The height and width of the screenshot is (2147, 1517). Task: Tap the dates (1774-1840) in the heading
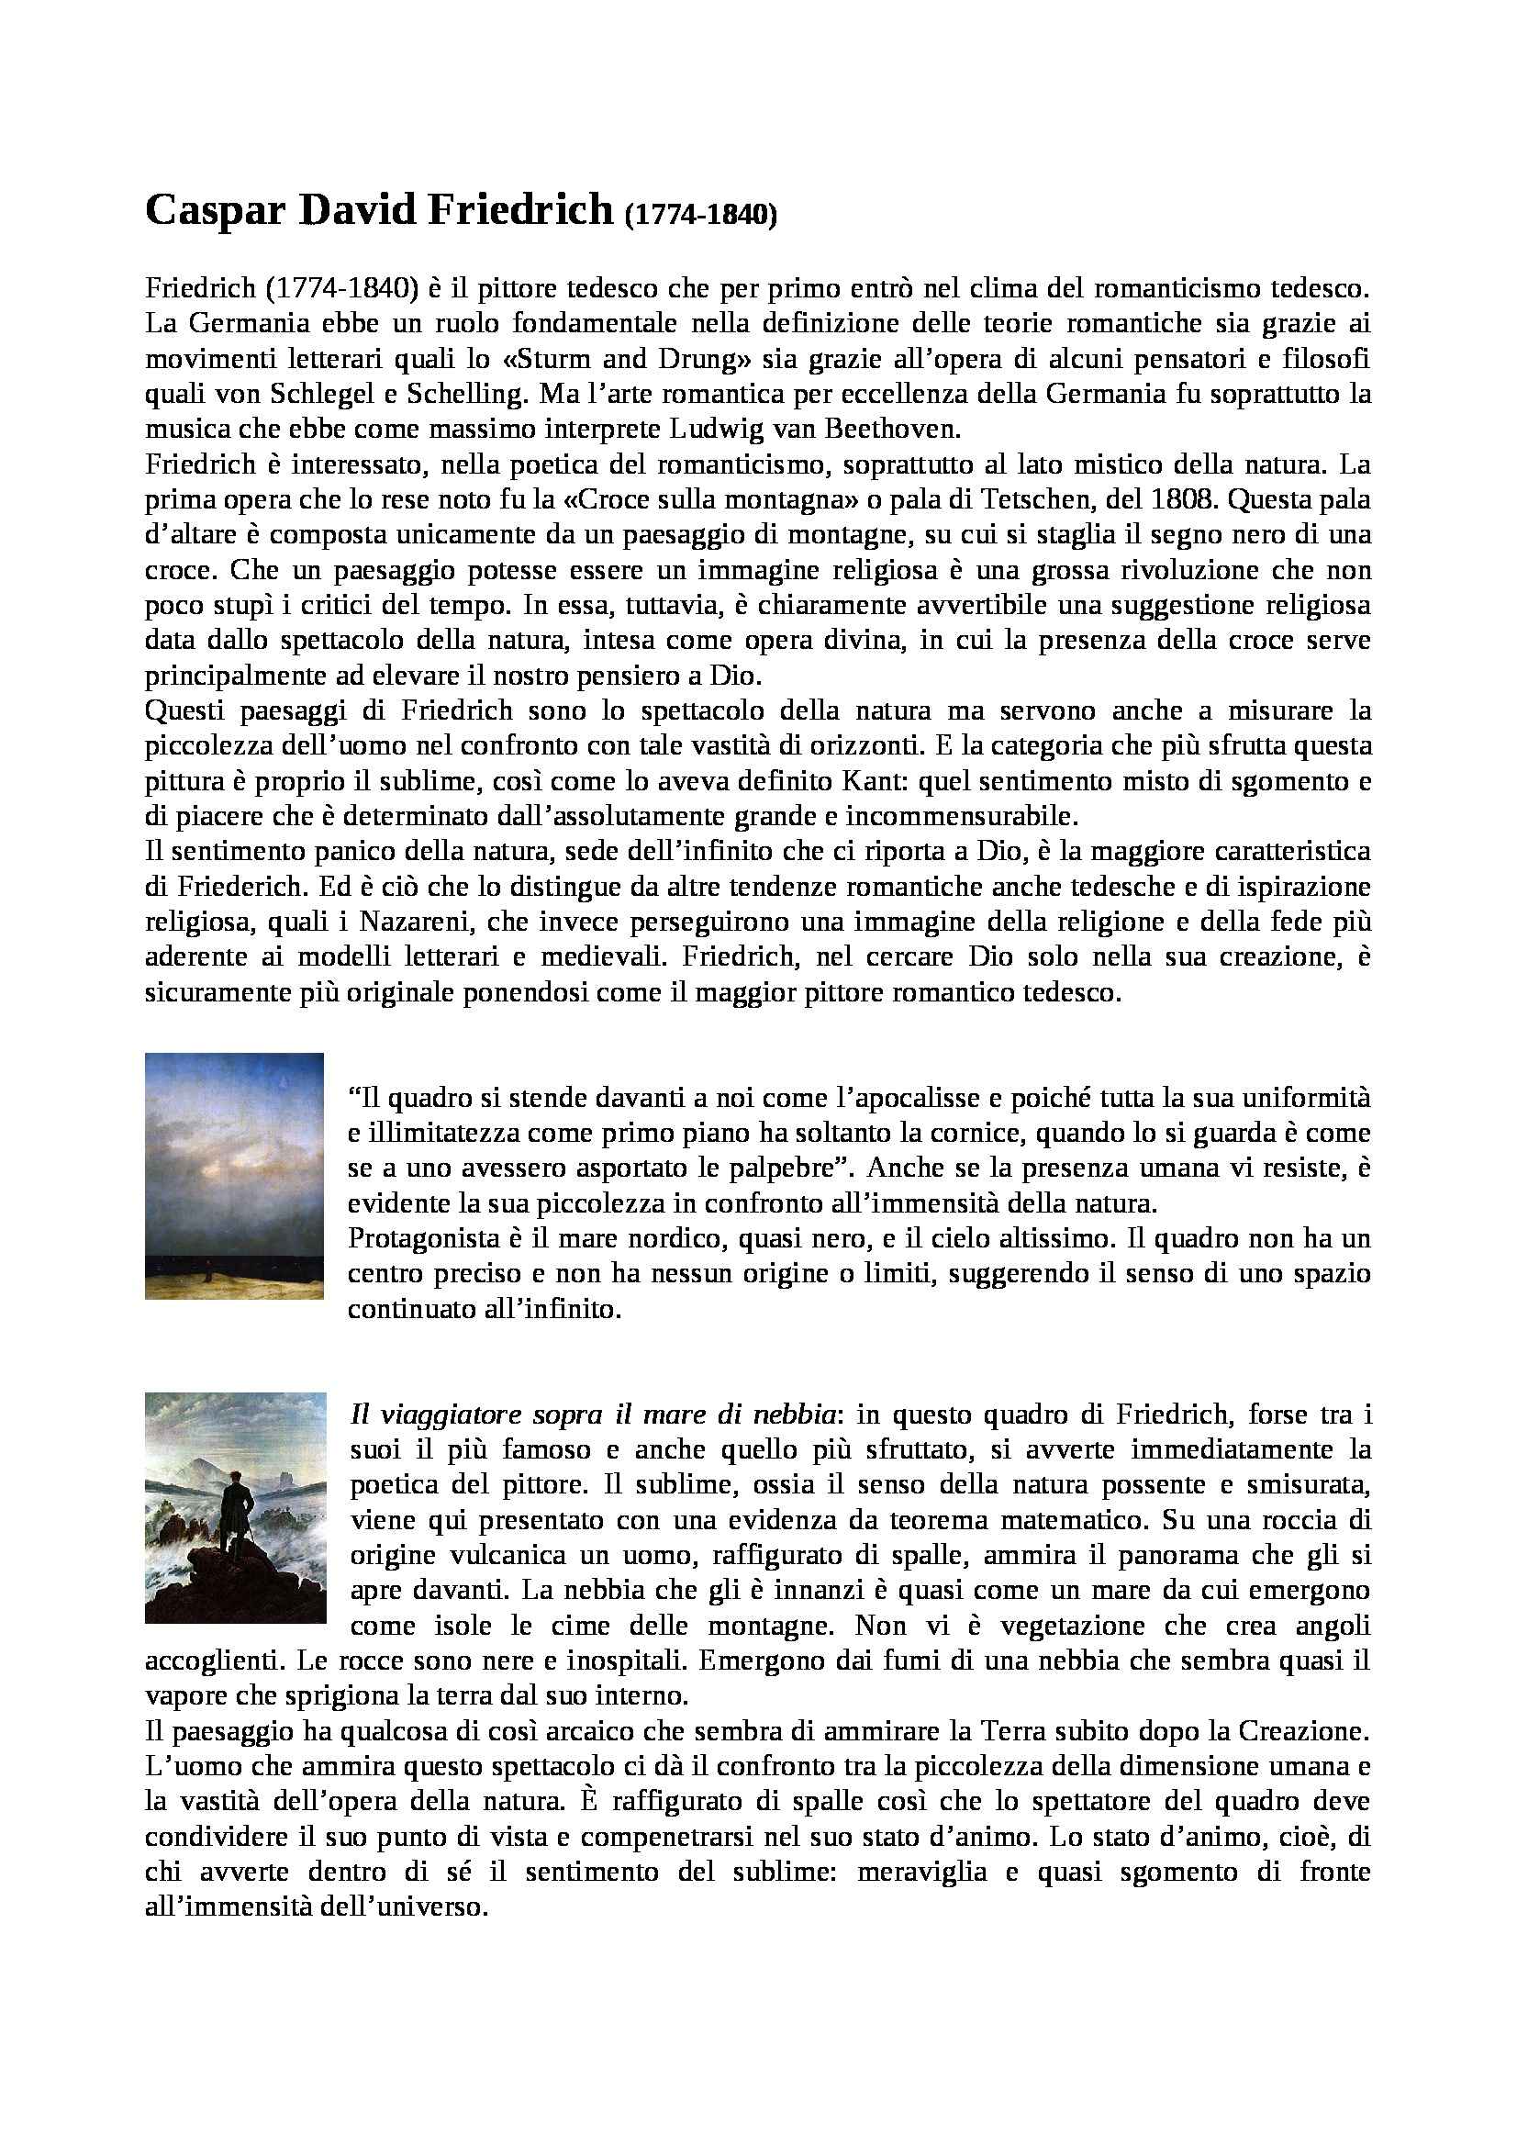coord(699,216)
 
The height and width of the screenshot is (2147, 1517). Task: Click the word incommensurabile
coord(961,816)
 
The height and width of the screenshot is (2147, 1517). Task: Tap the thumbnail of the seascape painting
coord(235,1176)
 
